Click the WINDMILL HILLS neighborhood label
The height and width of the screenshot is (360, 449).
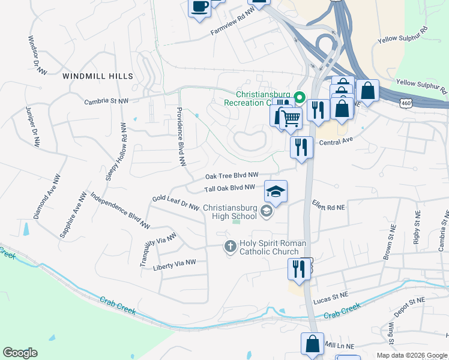coord(97,76)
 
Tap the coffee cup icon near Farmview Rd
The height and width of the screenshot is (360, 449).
coord(199,8)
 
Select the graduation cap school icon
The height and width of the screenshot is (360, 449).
coord(276,191)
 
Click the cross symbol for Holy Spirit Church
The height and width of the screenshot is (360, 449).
coord(230,246)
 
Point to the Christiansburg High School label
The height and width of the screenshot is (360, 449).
coord(230,212)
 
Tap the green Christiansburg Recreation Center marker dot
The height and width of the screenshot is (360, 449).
coord(301,95)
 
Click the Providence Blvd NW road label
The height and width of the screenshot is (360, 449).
coord(180,136)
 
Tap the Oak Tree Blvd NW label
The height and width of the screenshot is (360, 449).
coord(232,176)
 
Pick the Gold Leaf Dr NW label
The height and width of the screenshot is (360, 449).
coord(175,202)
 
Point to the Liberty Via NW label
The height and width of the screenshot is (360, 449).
coord(175,265)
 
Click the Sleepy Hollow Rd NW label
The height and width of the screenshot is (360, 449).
coord(116,151)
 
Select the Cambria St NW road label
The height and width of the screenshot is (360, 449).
coord(106,102)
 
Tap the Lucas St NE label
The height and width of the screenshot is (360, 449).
coord(331,296)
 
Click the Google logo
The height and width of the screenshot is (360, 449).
coord(20,353)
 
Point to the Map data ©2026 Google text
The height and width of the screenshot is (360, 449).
coord(411,355)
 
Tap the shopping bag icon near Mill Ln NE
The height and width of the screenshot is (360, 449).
coord(312,344)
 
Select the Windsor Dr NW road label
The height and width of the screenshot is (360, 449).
coord(37,55)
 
